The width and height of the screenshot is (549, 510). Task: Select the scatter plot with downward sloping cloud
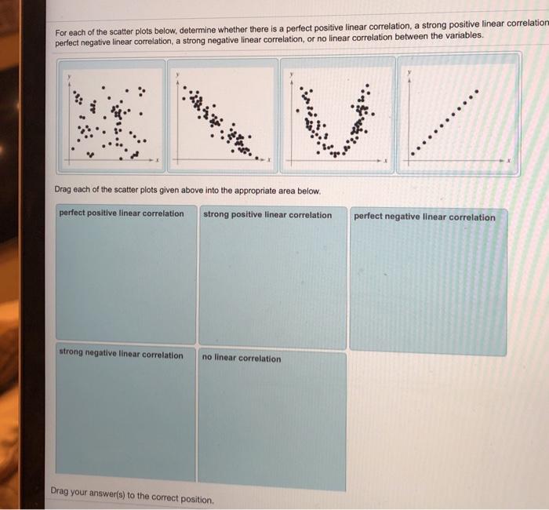click(223, 115)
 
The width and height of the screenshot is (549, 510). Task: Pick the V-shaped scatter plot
click(337, 115)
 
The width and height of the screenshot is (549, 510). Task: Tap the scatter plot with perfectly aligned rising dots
click(458, 115)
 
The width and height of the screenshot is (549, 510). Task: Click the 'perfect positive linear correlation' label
click(122, 213)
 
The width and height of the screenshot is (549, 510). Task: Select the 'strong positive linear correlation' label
click(267, 215)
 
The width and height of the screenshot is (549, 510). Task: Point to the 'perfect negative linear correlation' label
click(424, 217)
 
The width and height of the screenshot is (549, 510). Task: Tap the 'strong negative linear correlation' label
click(122, 355)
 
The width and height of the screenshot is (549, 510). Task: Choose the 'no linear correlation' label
click(241, 359)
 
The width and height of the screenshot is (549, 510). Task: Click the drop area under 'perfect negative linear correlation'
click(427, 290)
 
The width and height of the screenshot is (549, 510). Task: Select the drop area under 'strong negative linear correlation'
click(125, 420)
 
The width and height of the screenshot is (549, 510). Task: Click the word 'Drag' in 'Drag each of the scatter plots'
click(64, 191)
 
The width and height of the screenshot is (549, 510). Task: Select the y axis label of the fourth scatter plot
click(409, 72)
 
